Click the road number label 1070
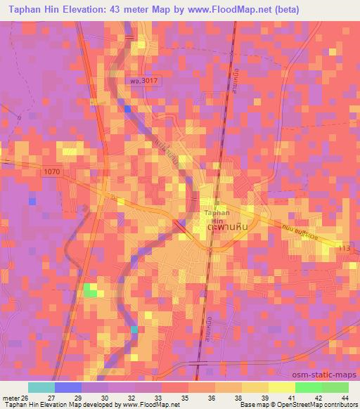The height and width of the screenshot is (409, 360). (51, 171)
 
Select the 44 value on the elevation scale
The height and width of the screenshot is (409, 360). (345, 397)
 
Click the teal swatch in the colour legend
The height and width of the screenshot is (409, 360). (41, 387)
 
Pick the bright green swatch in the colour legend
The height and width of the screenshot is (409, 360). (308, 387)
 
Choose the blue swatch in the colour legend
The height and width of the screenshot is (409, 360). (68, 387)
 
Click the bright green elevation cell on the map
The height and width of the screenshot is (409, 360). (91, 290)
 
